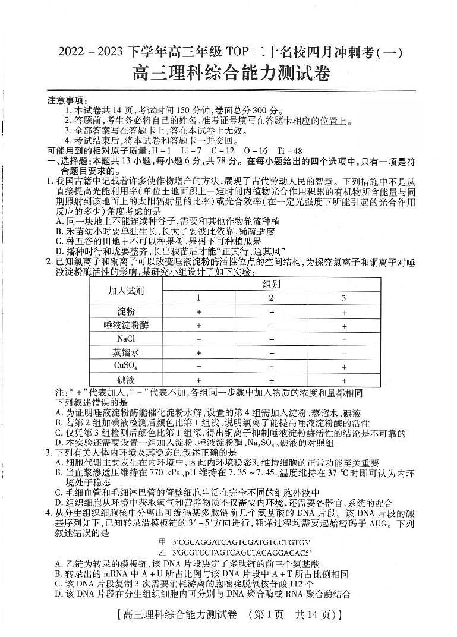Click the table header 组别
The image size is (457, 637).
272,284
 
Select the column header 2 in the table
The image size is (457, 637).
272,298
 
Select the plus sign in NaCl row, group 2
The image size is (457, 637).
272,339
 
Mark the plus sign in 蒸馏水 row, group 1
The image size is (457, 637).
198,352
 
